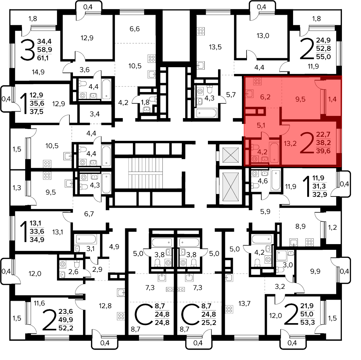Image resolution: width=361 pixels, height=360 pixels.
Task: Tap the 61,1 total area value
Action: click(43, 58)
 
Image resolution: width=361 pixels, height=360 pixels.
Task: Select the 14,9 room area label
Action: click(38, 72)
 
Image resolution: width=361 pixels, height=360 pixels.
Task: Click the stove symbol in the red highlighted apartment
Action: click(257, 81)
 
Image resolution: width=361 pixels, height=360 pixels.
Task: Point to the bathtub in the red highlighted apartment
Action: click(274, 153)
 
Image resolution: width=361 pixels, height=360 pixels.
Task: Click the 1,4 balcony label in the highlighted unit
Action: click(332, 99)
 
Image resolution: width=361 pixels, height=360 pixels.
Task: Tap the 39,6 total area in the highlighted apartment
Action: click(323, 151)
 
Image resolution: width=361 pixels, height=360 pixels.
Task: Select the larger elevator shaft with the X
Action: click(230, 187)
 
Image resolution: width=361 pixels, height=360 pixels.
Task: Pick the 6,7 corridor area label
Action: click(89, 214)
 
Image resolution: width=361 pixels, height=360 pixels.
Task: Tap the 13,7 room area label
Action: click(244, 304)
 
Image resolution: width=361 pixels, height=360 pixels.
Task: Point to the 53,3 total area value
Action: click(307, 322)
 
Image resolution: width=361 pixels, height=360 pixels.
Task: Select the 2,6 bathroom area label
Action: click(73, 272)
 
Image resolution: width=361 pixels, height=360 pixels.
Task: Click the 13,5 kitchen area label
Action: click(215, 47)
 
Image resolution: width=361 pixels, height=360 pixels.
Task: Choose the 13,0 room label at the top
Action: click(263, 36)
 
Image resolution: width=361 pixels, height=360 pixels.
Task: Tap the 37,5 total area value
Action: click(36, 112)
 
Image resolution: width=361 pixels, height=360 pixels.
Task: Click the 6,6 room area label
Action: click(135, 29)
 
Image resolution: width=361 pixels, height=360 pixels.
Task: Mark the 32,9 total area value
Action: click(319, 194)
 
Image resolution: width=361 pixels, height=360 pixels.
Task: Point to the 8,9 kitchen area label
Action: click(300, 226)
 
